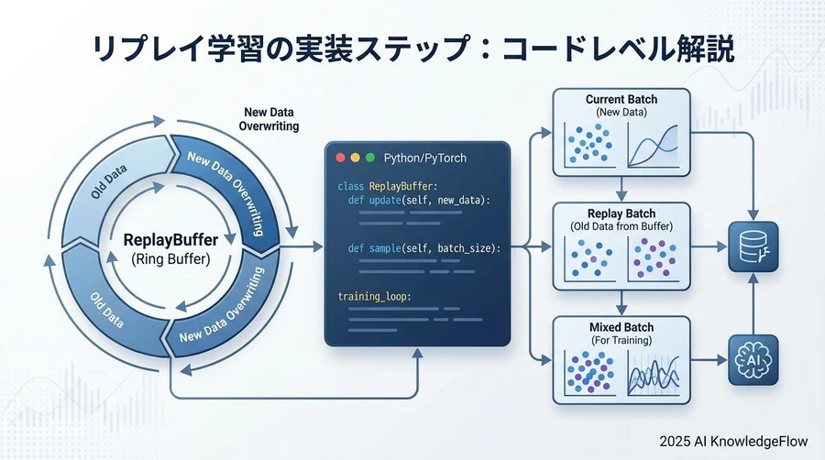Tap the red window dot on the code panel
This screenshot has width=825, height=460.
click(x=340, y=158)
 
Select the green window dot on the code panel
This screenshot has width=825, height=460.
click(x=370, y=158)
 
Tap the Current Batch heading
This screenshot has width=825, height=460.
click(x=621, y=99)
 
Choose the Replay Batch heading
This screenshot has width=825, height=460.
click(x=621, y=213)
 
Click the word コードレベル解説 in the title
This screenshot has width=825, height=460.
click(x=600, y=49)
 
